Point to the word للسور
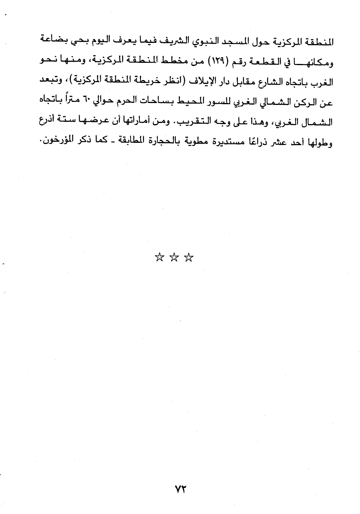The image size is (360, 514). [199, 103]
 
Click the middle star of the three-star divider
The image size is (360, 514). [174, 257]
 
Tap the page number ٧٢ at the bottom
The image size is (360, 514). [180, 489]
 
